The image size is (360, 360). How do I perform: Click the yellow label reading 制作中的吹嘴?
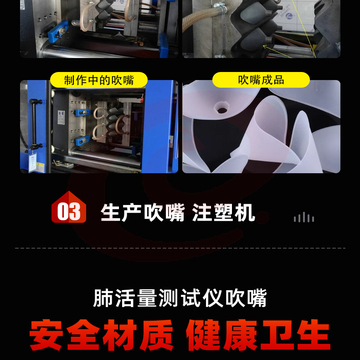click(99, 80)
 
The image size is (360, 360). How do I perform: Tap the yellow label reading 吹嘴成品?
click(261, 80)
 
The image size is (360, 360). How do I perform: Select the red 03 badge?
click(69, 208)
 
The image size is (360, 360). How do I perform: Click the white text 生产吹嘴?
click(143, 212)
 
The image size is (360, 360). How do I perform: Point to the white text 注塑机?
click(224, 212)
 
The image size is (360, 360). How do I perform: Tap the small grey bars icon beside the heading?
click(304, 217)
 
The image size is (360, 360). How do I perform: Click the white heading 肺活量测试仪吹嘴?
click(180, 298)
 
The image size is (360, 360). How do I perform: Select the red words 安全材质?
click(101, 335)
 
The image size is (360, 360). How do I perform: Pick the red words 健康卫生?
click(258, 335)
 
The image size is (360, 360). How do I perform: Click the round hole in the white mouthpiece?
click(222, 109)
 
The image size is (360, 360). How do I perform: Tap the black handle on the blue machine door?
click(34, 124)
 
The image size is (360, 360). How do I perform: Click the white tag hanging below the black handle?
click(33, 163)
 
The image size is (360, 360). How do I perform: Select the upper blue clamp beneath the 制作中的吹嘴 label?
click(81, 113)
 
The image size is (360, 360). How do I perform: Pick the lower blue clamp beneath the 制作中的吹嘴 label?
click(82, 140)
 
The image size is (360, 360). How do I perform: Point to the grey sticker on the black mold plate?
click(61, 117)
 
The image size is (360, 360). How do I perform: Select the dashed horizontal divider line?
click(180, 248)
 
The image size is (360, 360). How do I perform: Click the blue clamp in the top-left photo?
click(58, 31)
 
